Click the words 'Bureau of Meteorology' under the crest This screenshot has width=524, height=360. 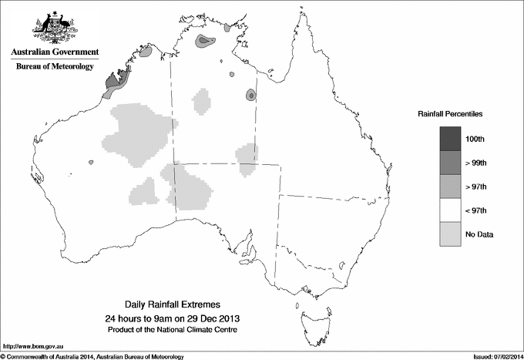[55, 66]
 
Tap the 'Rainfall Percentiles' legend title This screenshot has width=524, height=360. [450, 114]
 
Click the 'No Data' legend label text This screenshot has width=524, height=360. [479, 234]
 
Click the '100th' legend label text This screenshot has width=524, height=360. [475, 138]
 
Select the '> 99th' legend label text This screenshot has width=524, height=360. [475, 162]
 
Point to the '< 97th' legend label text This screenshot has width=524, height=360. [475, 210]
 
